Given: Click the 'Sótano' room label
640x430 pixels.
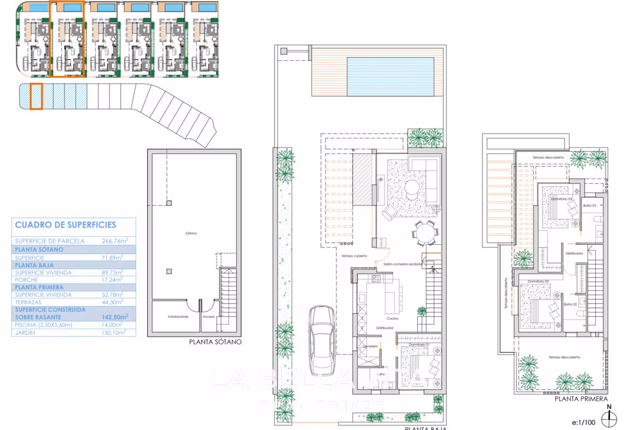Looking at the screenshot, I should pyautogui.click(x=191, y=233).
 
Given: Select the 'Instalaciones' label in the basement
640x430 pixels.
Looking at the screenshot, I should pyautogui.click(x=178, y=317).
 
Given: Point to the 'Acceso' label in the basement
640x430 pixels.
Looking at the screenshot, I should pyautogui.click(x=209, y=317).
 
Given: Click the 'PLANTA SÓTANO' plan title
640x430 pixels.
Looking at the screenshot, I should pyautogui.click(x=215, y=342).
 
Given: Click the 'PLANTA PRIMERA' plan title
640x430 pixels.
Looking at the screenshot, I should pyautogui.click(x=580, y=399).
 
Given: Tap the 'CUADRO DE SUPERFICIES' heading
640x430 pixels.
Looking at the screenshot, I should pyautogui.click(x=66, y=225).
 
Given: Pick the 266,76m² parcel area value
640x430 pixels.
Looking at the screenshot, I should pyautogui.click(x=115, y=240).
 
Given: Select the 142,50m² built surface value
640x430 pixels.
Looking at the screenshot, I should pyautogui.click(x=115, y=317).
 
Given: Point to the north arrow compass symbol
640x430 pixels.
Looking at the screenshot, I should pyautogui.click(x=608, y=417).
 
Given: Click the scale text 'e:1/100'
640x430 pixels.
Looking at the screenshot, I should pyautogui.click(x=583, y=422).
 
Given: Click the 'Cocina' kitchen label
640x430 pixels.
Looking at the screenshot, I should pyautogui.click(x=392, y=318).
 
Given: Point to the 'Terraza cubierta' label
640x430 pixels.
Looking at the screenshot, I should pyautogui.click(x=354, y=256).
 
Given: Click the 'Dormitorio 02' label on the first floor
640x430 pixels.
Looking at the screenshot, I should pyautogui.click(x=538, y=281).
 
